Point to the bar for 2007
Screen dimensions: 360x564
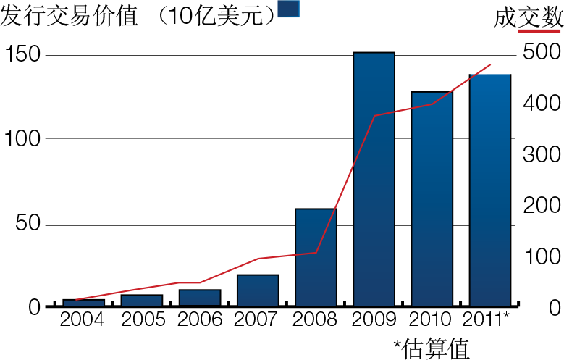(x=258, y=290)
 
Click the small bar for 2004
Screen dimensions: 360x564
(x=83, y=303)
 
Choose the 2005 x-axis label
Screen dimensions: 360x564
(x=142, y=319)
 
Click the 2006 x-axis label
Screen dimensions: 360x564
(x=200, y=319)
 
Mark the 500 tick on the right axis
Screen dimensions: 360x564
(x=542, y=53)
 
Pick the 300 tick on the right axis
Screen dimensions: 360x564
(x=542, y=155)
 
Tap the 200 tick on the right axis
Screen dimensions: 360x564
(x=542, y=206)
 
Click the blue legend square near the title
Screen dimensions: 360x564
(x=288, y=9)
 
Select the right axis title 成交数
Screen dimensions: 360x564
(x=529, y=17)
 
